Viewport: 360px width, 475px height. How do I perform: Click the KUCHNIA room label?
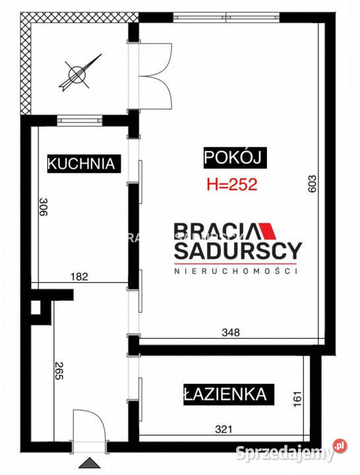[84, 164]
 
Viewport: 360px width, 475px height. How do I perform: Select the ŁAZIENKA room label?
[225, 395]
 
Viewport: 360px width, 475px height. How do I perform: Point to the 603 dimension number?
[312, 183]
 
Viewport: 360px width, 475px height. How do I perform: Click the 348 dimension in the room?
[229, 332]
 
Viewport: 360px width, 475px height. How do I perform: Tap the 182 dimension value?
[78, 277]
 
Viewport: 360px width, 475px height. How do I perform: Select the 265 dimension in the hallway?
[59, 371]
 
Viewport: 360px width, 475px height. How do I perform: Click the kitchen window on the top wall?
[80, 119]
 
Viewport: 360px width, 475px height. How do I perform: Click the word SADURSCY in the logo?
[237, 251]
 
